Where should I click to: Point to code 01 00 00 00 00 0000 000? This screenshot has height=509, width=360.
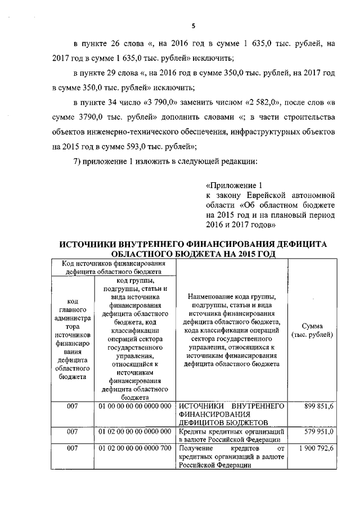click(x=134, y=406)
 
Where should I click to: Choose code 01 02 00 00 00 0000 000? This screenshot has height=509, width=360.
click(x=134, y=431)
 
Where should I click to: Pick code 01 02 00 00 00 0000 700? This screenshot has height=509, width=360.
click(x=134, y=448)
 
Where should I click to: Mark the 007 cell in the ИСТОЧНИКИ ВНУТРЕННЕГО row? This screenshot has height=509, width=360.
click(x=73, y=406)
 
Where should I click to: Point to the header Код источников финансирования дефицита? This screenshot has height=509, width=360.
click(x=114, y=267)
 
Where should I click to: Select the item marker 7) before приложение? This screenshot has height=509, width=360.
click(x=79, y=161)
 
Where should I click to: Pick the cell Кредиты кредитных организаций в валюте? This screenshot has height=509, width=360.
click(x=231, y=435)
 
